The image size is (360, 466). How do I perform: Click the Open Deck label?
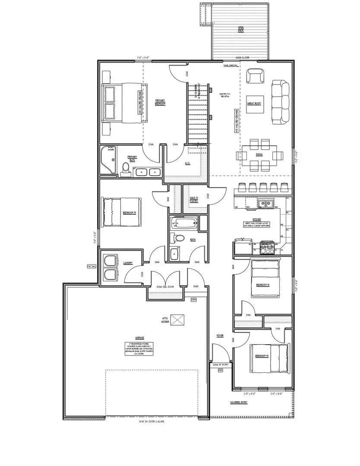pyautogui.click(x=240, y=30)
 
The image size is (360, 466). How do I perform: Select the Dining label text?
pyautogui.click(x=259, y=154)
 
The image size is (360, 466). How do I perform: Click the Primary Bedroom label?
pyautogui.click(x=161, y=102)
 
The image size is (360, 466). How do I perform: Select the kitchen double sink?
pyautogui.click(x=265, y=203)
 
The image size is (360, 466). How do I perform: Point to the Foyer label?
pyautogui.click(x=220, y=335)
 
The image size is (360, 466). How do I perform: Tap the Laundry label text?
pyautogui.click(x=127, y=263)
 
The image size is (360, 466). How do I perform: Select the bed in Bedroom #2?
pyautogui.click(x=121, y=212)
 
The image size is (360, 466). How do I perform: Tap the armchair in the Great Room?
pyautogui.click(x=255, y=76)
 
